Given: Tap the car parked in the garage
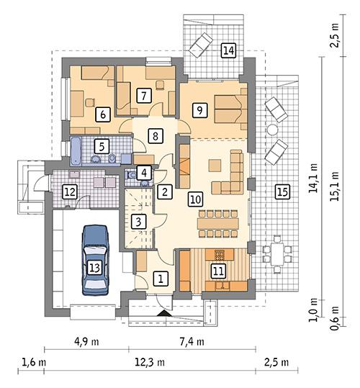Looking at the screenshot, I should (x=94, y=259).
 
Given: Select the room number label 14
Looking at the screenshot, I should (x=228, y=50).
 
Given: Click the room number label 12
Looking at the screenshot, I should (x=69, y=191).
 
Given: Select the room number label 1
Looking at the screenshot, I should (x=161, y=277).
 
